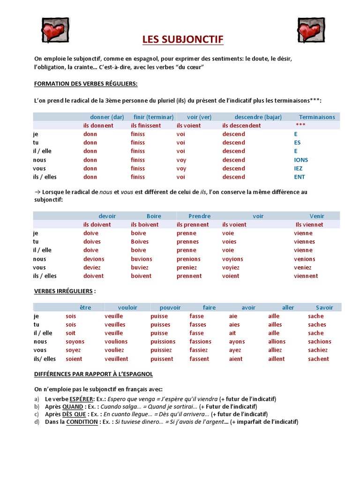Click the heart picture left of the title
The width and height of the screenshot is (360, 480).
click(x=55, y=30)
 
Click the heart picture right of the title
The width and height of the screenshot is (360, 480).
click(x=311, y=30)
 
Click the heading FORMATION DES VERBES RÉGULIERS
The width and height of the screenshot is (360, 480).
click(x=86, y=83)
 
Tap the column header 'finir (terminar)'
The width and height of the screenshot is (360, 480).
click(x=152, y=117)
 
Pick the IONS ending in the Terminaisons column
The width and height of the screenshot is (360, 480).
click(x=301, y=160)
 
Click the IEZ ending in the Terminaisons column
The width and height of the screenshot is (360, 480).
click(x=298, y=168)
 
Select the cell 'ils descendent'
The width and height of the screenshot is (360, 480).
click(x=241, y=126)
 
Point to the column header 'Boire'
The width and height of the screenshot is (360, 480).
click(x=154, y=216)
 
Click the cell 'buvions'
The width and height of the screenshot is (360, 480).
click(x=142, y=259)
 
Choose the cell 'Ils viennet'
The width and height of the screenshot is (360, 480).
click(x=309, y=225)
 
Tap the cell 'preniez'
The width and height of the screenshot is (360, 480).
click(x=187, y=267)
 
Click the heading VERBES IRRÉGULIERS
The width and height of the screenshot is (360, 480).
click(x=63, y=291)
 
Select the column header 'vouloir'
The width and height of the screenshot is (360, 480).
click(x=127, y=307)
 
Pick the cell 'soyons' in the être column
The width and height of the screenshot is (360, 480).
click(x=75, y=342)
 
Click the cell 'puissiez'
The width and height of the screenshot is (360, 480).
click(x=161, y=350)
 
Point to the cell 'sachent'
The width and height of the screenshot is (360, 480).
click(x=319, y=359)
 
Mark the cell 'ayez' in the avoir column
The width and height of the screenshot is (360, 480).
click(x=235, y=350)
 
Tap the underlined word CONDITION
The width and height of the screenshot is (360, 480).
click(x=82, y=421)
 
